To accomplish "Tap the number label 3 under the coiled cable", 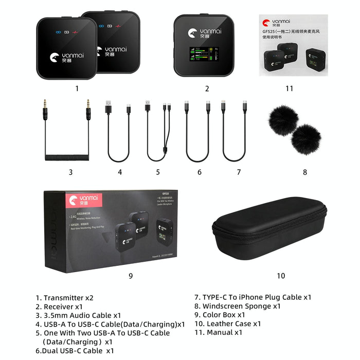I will (70, 172).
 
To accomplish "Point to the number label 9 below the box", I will (131, 276).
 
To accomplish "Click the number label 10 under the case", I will (281, 276).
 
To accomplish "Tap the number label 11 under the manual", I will (290, 88).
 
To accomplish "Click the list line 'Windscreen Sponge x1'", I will (238, 306).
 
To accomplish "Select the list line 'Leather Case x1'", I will (227, 323).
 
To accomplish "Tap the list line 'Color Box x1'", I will (220, 315).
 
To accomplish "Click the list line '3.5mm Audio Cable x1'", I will (78, 315).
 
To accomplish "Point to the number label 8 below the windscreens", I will (305, 172).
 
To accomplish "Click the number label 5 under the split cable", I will (158, 172).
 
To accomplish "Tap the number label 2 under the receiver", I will (207, 88).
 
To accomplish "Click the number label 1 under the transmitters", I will (77, 88).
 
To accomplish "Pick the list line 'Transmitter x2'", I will (64, 297).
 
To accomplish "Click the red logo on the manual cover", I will (266, 23).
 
